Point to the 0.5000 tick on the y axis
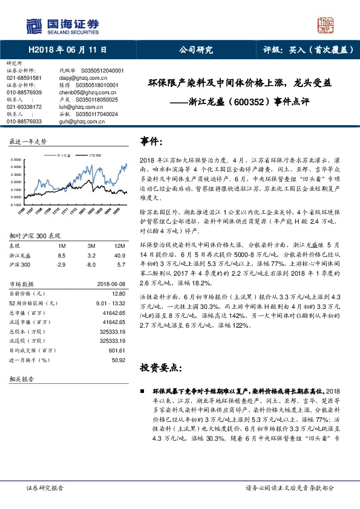[16, 160]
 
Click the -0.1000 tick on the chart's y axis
[16, 206]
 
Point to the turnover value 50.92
[117, 360]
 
